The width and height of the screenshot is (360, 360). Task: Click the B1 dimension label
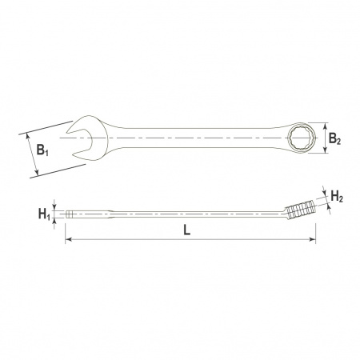click(x=42, y=150)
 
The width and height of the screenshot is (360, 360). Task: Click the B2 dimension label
click(x=334, y=139)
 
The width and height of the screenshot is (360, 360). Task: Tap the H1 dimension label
click(x=44, y=214)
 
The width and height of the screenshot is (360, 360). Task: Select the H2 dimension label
click(x=337, y=197)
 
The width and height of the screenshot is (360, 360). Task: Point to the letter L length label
click(x=187, y=230)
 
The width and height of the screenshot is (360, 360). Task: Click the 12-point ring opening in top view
click(x=301, y=138)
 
